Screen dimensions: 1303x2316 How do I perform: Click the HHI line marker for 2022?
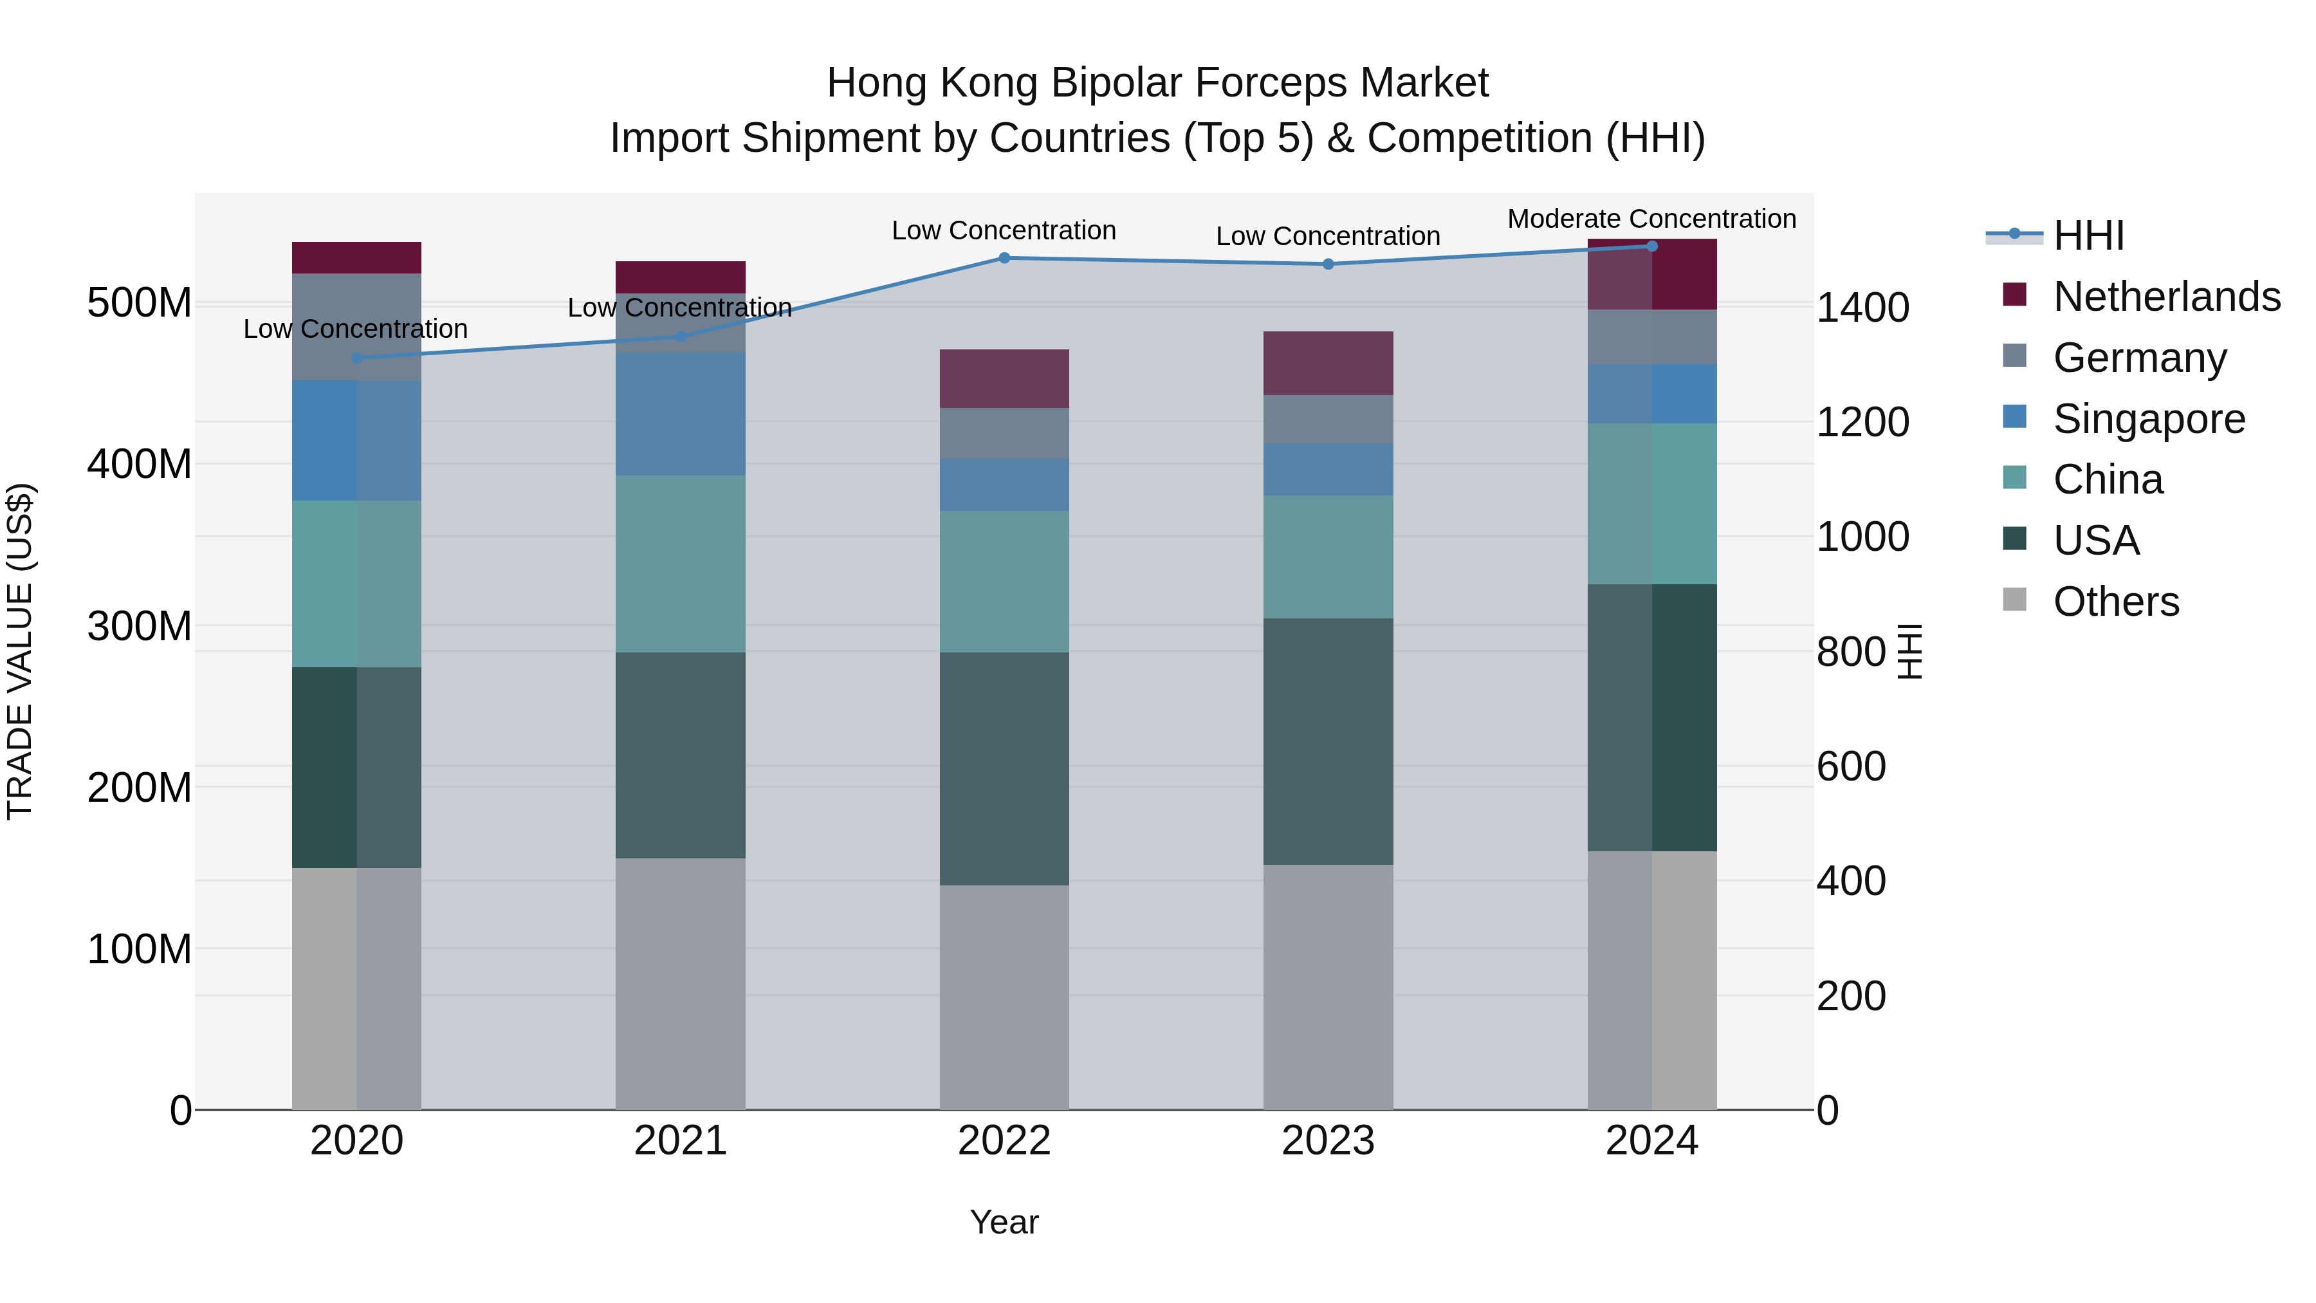(1004, 258)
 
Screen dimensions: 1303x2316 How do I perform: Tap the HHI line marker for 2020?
(357, 358)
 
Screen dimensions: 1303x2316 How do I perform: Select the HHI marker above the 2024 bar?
(1651, 246)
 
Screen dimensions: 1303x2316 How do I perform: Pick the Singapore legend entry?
(2148, 419)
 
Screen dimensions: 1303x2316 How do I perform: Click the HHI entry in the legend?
(2088, 236)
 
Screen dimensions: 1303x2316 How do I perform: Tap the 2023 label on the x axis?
(1328, 1141)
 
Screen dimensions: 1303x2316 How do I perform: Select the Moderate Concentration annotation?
(1651, 219)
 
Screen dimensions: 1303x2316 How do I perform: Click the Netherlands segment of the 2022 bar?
(1004, 378)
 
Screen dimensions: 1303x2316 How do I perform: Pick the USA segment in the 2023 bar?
(1328, 741)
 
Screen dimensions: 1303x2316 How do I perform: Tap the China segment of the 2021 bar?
(681, 564)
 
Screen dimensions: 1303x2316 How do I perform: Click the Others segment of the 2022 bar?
(1004, 997)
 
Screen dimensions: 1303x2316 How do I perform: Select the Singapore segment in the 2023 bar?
(1328, 468)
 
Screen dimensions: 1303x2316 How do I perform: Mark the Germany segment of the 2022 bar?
(1004, 434)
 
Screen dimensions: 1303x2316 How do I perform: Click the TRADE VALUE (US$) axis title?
(20, 651)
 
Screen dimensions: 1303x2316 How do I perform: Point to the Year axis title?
(1004, 1222)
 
